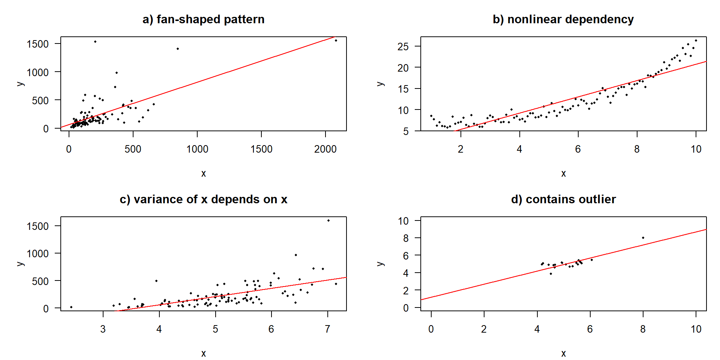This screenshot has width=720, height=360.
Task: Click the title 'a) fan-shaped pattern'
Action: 203,19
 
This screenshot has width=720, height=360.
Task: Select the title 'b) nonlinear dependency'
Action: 563,19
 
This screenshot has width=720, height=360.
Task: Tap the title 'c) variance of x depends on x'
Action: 203,199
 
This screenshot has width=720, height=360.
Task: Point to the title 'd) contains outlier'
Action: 563,199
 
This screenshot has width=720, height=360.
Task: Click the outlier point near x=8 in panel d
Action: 643,238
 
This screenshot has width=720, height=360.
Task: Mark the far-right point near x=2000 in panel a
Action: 336,40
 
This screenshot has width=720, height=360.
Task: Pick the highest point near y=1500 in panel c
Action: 328,220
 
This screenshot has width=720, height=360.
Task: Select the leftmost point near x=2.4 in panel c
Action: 71,307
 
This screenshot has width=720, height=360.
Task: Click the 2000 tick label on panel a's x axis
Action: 325,149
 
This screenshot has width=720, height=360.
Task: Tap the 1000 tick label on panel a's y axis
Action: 37,72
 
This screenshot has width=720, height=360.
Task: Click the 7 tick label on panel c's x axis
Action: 327,329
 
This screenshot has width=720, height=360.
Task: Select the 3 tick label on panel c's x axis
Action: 103,329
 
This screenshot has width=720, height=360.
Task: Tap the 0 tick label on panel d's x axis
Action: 431,329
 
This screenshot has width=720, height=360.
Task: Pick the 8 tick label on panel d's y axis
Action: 406,238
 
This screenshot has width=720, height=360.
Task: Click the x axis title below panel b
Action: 563,174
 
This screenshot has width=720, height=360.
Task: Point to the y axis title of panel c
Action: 21,264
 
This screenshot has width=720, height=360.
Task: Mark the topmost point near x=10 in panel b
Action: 696,40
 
